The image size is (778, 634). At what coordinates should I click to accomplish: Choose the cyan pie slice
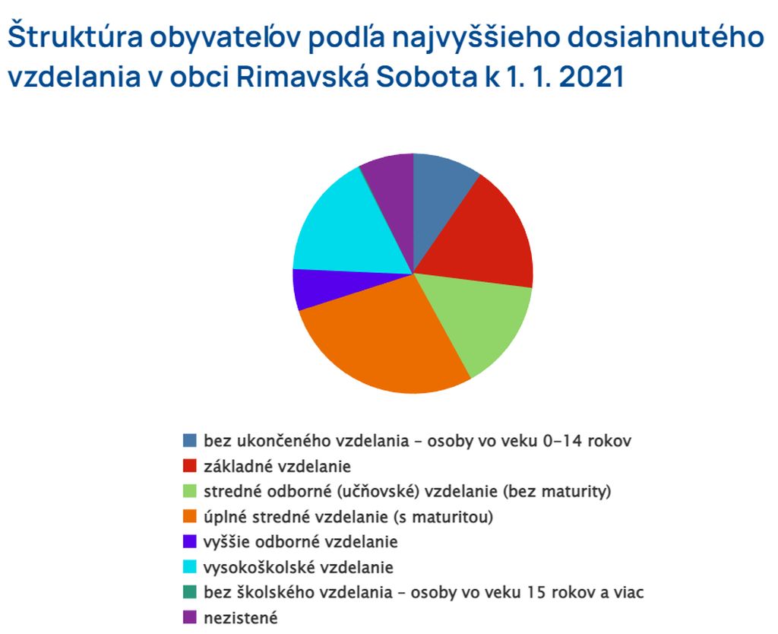347,228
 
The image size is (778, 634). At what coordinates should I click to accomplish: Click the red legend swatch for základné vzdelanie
189,466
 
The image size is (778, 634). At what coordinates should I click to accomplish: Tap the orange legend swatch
189,517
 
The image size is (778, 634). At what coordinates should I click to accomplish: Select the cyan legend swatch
189,567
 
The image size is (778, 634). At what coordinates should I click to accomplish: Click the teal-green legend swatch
189,592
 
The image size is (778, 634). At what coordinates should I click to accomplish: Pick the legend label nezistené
241,618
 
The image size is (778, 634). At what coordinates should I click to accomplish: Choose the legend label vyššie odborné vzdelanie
301,542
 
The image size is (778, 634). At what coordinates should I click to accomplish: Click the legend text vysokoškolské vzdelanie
299,567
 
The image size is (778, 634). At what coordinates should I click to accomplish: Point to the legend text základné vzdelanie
277,466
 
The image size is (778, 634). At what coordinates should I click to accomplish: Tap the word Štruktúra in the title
75,36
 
